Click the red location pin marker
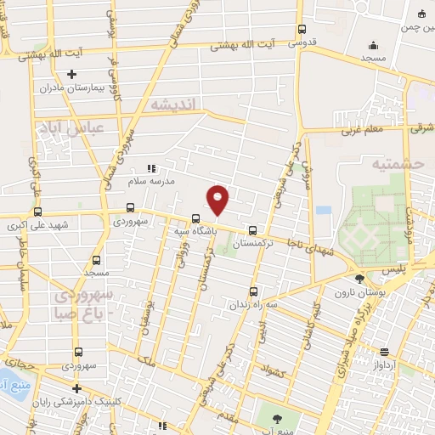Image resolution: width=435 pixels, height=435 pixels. coord(218,200)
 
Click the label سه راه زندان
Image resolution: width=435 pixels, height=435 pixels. coord(252,303)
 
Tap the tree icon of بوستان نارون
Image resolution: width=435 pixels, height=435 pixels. coord(360,279)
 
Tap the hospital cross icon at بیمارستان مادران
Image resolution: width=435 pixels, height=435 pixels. coord(72,75)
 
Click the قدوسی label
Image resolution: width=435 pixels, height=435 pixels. coord(302,41)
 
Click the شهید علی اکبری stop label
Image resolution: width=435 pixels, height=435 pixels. coord(37,225)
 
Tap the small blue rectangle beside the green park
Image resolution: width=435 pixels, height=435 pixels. coord(323,209)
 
